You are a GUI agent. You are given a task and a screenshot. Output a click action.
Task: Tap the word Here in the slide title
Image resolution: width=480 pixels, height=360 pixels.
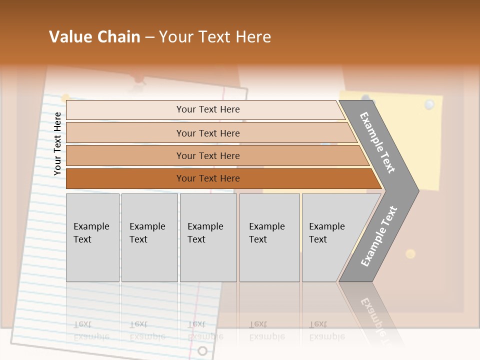pos(253,37)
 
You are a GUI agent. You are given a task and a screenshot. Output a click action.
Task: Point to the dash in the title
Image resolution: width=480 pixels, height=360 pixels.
pos(149,37)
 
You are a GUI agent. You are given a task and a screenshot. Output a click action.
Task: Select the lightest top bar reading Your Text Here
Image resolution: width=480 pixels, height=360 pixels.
pos(207,109)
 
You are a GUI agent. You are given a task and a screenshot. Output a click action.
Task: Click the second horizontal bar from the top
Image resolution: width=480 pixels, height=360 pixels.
pos(207,133)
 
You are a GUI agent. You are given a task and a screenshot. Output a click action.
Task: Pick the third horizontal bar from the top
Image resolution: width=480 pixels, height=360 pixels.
pos(207,156)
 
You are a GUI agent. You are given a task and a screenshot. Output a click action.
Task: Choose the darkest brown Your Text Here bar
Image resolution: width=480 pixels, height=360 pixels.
pos(207,178)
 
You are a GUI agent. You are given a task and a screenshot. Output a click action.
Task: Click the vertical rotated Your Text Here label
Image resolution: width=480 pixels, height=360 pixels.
pos(57,143)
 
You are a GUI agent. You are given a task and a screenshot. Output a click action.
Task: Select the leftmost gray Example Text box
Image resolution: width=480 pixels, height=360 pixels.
pos(92,237)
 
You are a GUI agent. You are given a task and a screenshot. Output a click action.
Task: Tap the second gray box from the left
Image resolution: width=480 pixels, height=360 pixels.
pos(149,237)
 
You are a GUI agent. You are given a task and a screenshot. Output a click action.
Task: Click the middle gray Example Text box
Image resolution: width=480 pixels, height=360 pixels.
pos(208,237)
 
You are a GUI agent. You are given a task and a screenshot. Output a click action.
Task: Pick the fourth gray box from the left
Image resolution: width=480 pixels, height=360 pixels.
pos(269,237)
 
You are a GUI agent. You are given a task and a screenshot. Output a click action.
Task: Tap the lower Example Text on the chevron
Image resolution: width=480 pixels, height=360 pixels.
pos(379,236)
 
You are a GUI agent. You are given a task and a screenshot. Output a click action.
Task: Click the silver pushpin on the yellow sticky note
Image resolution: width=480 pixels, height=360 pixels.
pos(429,104)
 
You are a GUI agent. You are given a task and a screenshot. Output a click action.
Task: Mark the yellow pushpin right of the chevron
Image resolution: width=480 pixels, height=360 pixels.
pos(410,253)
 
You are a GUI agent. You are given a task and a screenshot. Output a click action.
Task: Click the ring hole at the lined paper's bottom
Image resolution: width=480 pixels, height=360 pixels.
pos(202,350)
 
